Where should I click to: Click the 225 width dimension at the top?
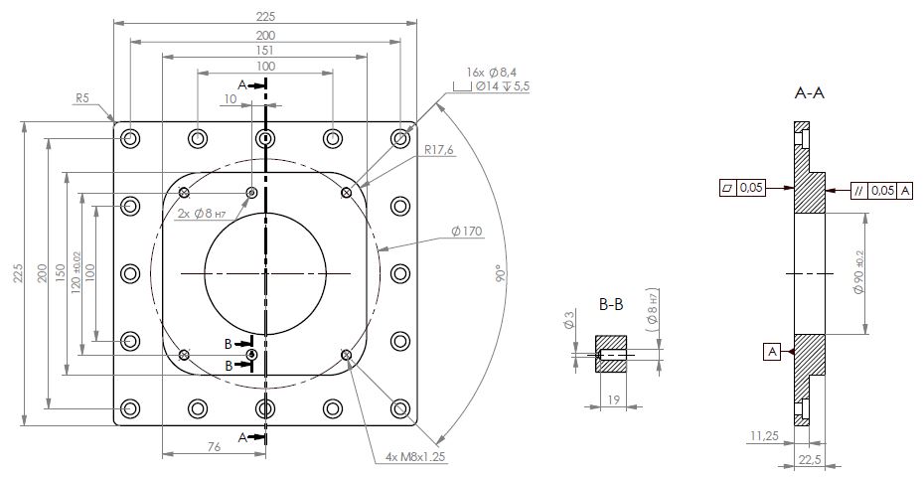pyautogui.click(x=264, y=16)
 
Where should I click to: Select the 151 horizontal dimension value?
pyautogui.click(x=264, y=52)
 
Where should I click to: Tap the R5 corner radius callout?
pyautogui.click(x=83, y=98)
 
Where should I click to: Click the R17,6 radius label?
pyautogui.click(x=439, y=150)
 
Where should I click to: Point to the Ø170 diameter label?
pyautogui.click(x=466, y=232)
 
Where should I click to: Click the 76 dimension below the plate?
pyautogui.click(x=213, y=448)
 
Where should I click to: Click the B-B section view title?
pyautogui.click(x=611, y=304)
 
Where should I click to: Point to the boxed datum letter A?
pyautogui.click(x=770, y=350)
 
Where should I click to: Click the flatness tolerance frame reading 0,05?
pyautogui.click(x=741, y=187)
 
